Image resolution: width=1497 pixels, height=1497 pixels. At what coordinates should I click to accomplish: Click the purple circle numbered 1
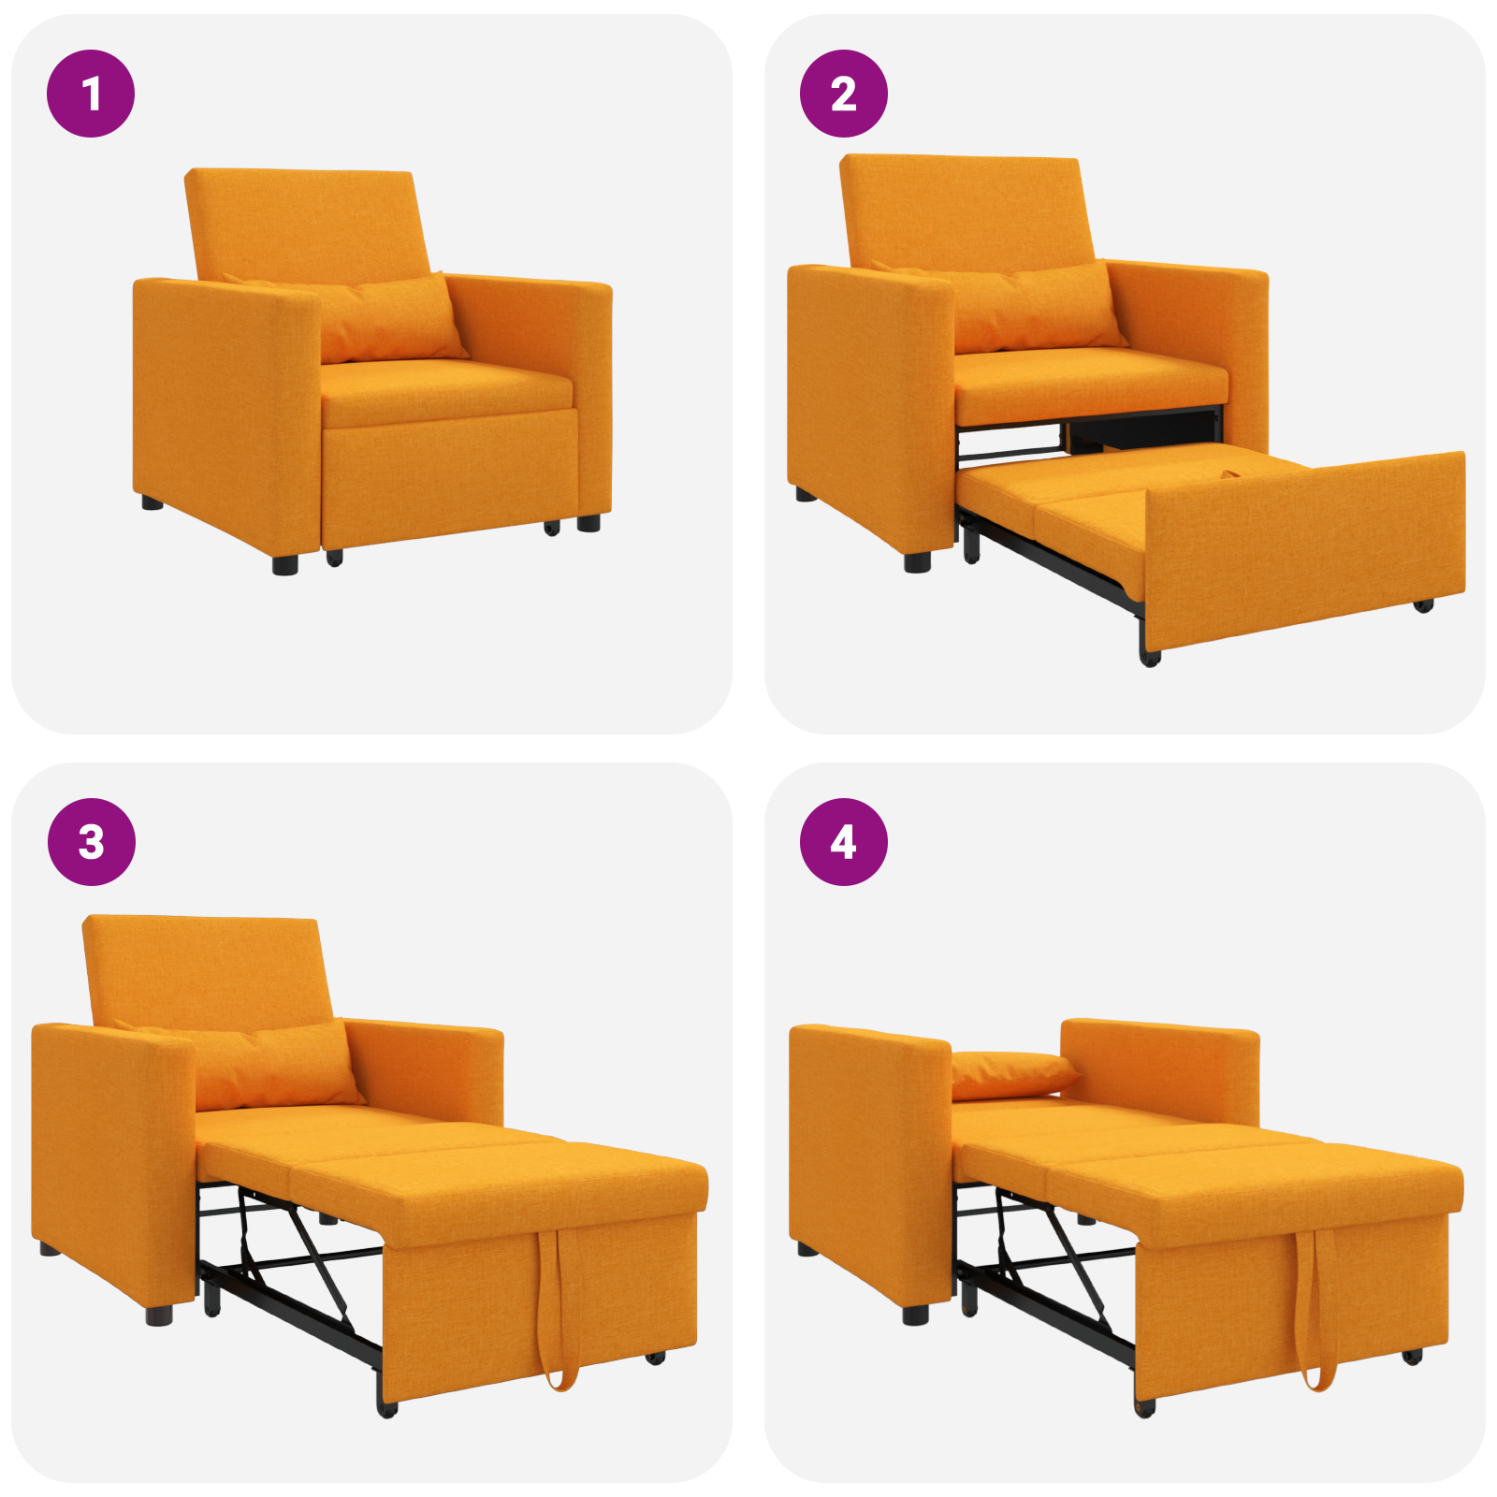91,94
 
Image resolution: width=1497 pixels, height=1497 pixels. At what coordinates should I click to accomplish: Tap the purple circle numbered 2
843,94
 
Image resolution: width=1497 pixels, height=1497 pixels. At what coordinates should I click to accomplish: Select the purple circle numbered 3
91,841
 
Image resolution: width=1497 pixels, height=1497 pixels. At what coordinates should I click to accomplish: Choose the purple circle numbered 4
843,841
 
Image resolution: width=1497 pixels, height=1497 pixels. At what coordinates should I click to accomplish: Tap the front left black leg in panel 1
284,564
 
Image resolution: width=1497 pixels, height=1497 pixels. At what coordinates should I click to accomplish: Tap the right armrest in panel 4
1160,1067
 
